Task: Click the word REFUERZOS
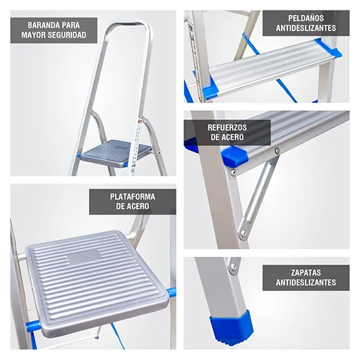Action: tap(226, 128)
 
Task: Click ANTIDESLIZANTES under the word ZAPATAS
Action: tap(306, 283)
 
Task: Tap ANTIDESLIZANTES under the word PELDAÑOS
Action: tap(306, 29)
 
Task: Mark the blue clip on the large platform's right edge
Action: tap(171, 293)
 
